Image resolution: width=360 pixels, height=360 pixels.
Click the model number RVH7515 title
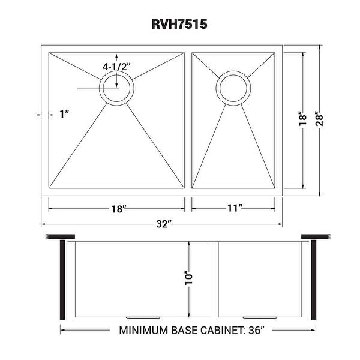pos(179,25)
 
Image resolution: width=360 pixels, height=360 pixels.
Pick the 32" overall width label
pos(162,225)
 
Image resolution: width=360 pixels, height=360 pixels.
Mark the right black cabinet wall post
pos(313,278)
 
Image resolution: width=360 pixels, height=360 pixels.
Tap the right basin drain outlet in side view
pos(258,316)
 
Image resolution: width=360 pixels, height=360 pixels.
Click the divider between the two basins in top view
pos(188,120)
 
